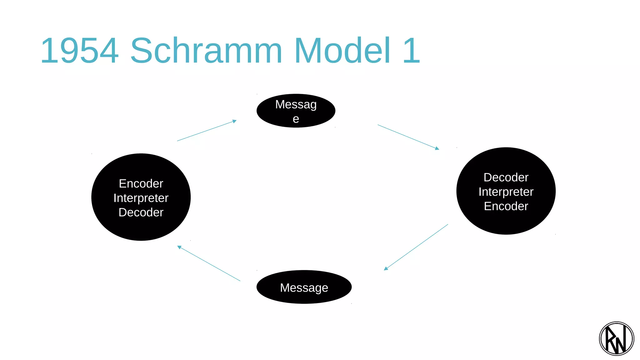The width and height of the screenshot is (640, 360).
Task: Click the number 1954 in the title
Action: click(x=80, y=51)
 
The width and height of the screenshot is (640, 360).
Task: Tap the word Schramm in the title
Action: click(x=206, y=51)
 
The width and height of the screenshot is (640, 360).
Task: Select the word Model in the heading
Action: click(x=342, y=51)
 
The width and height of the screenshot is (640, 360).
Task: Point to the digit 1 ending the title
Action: click(x=411, y=51)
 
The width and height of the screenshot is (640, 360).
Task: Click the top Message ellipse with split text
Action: click(x=296, y=111)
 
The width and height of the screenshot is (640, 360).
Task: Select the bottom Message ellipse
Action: click(x=304, y=287)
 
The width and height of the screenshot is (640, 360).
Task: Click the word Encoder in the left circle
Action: click(x=141, y=184)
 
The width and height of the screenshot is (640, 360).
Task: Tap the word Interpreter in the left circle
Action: click(x=141, y=198)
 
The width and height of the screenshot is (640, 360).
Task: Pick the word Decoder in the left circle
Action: click(x=141, y=212)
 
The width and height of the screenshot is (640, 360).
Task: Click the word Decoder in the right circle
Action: click(x=506, y=177)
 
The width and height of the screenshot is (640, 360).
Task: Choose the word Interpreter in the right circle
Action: click(x=506, y=192)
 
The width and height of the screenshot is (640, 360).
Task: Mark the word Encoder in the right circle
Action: click(x=506, y=206)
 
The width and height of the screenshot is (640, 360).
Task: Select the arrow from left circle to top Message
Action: click(x=206, y=131)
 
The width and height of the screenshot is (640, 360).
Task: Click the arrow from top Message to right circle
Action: click(x=408, y=137)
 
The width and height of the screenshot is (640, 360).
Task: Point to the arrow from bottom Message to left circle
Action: click(x=209, y=263)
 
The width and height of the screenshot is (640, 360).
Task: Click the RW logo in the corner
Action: click(x=616, y=339)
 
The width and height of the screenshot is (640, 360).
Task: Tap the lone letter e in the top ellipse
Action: click(x=296, y=119)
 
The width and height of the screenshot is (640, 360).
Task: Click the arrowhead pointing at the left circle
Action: click(x=179, y=247)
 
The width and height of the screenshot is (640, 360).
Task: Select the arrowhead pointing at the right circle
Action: click(x=437, y=148)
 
